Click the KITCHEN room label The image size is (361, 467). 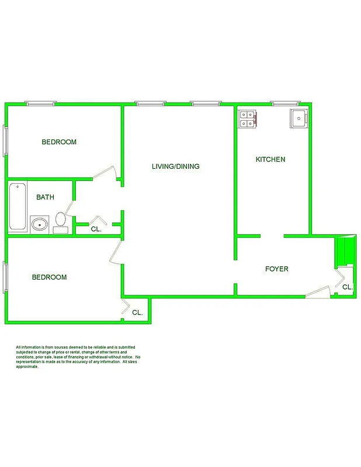pyautogui.click(x=270, y=159)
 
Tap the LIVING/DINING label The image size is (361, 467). pyautogui.click(x=175, y=166)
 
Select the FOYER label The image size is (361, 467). pyautogui.click(x=277, y=269)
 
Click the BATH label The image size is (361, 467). pyautogui.click(x=45, y=197)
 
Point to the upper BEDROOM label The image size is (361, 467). pyautogui.click(x=59, y=142)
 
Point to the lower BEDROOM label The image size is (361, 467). pyautogui.click(x=49, y=277)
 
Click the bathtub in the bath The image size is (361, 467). pyautogui.click(x=18, y=207)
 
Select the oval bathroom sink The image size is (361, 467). pyautogui.click(x=39, y=224)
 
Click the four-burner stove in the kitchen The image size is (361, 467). pyautogui.click(x=248, y=119)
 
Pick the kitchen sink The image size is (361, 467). pyautogui.click(x=299, y=119)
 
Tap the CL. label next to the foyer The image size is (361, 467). pyautogui.click(x=347, y=287)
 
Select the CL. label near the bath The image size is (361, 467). pyautogui.click(x=96, y=229)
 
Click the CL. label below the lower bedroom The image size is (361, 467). pyautogui.click(x=137, y=313)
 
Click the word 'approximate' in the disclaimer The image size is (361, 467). pyautogui.click(x=27, y=367)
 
